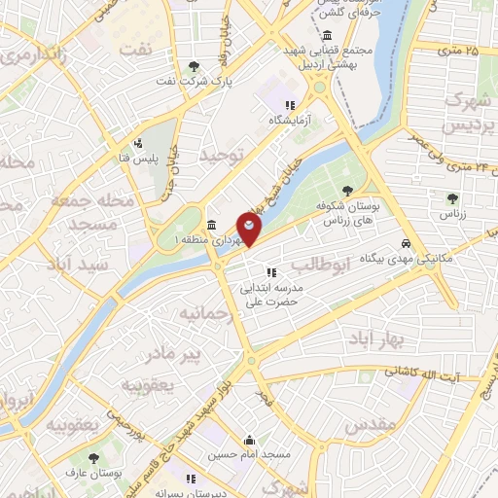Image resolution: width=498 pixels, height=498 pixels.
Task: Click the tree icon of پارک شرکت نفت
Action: point(195,66)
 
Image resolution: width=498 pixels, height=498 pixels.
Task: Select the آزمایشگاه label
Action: point(293,122)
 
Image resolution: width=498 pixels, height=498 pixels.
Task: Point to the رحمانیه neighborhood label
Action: point(202,313)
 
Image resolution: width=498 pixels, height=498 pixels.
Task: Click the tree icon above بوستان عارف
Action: point(94,456)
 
